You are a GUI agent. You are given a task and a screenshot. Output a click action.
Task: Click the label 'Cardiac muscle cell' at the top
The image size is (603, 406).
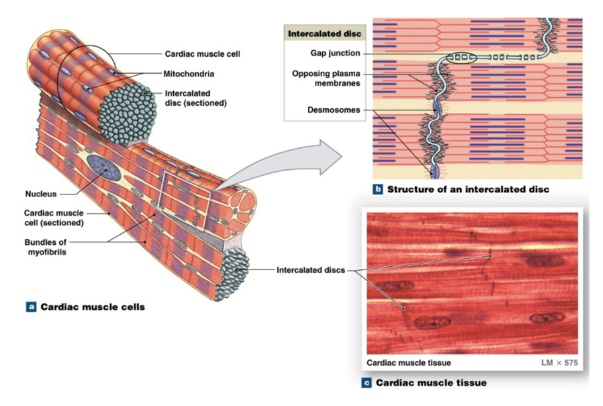coord(202,54)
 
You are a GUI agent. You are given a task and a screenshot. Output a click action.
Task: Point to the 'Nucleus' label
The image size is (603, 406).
coord(40,194)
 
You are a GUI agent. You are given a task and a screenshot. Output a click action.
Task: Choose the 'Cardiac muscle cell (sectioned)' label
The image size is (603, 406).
coord(53,218)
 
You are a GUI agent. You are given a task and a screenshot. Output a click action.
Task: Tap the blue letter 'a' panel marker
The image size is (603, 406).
coord(32,307)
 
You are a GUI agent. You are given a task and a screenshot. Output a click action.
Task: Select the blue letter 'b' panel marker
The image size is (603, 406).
coord(378,190)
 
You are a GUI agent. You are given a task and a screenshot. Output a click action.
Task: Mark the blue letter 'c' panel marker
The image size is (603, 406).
coord(367,383)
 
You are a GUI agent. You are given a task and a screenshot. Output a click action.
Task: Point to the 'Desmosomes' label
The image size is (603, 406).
coord(333,110)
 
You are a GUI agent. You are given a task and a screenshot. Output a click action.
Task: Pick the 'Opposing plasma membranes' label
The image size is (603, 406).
coord(326,78)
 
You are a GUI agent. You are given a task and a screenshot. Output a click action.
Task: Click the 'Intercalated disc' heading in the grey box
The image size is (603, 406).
coord(324,34)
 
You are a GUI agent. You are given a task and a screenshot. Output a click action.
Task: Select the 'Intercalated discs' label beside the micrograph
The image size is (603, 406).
coord(310,270)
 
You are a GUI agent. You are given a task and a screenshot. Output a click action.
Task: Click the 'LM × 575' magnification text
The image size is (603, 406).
coord(559,363)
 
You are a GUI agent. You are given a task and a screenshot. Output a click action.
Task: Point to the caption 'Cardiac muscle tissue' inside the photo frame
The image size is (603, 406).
coord(409,363)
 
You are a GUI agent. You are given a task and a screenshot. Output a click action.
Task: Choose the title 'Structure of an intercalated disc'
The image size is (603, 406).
coord(468,190)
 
